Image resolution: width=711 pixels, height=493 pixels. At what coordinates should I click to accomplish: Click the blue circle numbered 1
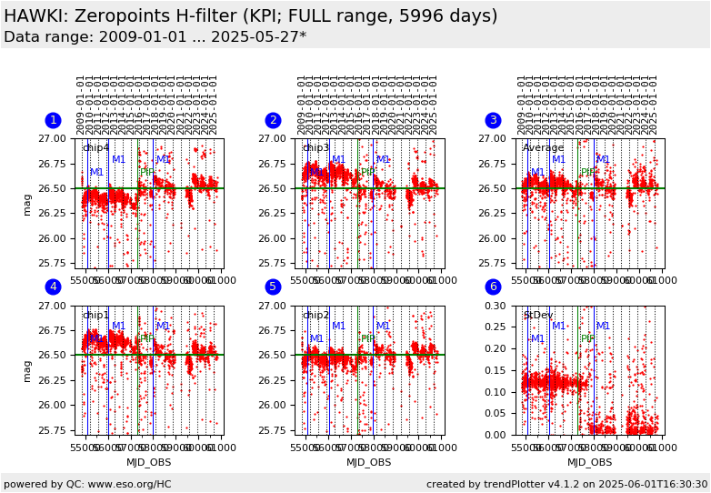pos(53,120)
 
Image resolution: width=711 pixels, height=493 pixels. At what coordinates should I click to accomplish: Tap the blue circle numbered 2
pos(273,120)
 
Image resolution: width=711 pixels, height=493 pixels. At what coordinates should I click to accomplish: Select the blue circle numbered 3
pos(493,120)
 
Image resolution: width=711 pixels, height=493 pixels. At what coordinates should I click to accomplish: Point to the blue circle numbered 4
pos(53,287)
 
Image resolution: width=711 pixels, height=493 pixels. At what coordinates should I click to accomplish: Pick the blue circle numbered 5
pos(273,287)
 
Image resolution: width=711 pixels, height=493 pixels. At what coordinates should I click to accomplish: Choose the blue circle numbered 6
pos(493,287)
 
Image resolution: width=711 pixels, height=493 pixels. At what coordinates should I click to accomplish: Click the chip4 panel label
pos(95,148)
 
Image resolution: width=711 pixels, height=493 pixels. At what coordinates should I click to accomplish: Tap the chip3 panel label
pos(315,148)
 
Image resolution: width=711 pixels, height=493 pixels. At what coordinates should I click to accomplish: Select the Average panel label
pos(543,148)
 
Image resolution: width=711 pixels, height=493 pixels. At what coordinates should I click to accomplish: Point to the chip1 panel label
pos(95,316)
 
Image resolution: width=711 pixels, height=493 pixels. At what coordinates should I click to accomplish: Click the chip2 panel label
pos(315,316)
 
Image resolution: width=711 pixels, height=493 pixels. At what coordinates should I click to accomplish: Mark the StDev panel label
pos(537,316)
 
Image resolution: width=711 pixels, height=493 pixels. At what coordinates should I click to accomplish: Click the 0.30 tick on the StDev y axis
pos(496,306)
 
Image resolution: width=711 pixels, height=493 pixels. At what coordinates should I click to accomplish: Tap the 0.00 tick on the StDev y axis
pos(496,435)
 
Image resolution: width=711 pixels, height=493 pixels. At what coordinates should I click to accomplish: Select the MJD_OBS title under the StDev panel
pos(589,462)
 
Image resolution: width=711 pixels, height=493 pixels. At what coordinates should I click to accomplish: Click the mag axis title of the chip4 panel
pos(27,203)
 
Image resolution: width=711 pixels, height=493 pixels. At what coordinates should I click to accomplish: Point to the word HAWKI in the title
pos(36,16)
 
